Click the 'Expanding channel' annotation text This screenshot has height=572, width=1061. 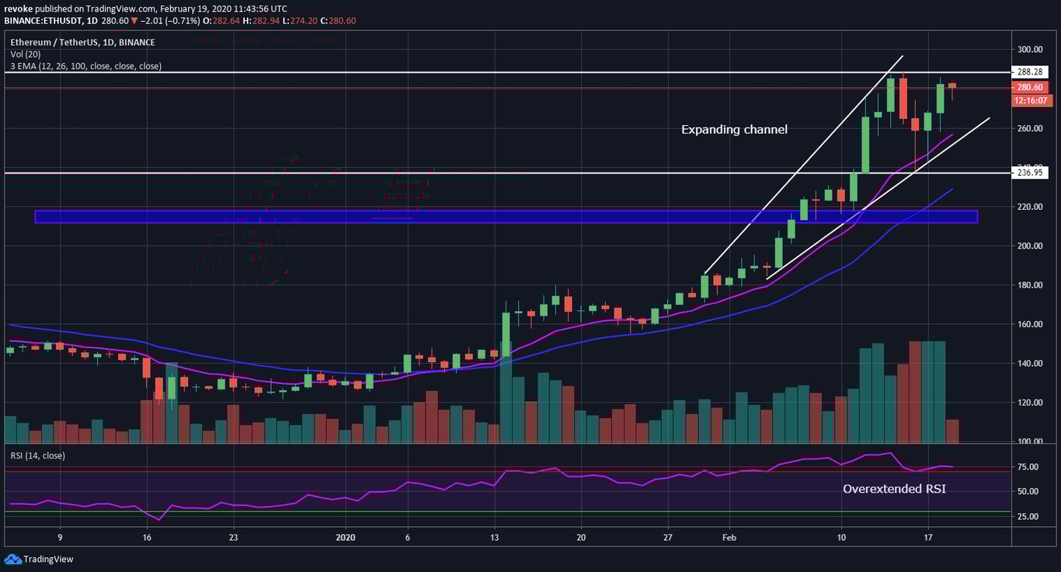[734, 130]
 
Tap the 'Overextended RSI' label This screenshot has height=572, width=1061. [894, 489]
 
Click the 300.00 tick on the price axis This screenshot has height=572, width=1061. [1031, 50]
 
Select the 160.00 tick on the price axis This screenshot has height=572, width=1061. [1031, 324]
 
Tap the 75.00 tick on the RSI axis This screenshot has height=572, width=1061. [1029, 468]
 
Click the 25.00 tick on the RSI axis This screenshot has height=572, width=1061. [1029, 516]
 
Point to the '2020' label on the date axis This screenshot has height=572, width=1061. [346, 537]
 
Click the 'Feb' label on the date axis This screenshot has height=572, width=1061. [728, 537]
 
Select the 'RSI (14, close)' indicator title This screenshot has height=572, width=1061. [37, 455]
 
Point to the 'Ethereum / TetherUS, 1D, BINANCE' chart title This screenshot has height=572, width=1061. [82, 42]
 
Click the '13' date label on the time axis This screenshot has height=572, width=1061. [494, 537]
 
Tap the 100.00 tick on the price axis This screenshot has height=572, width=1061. [1031, 441]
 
